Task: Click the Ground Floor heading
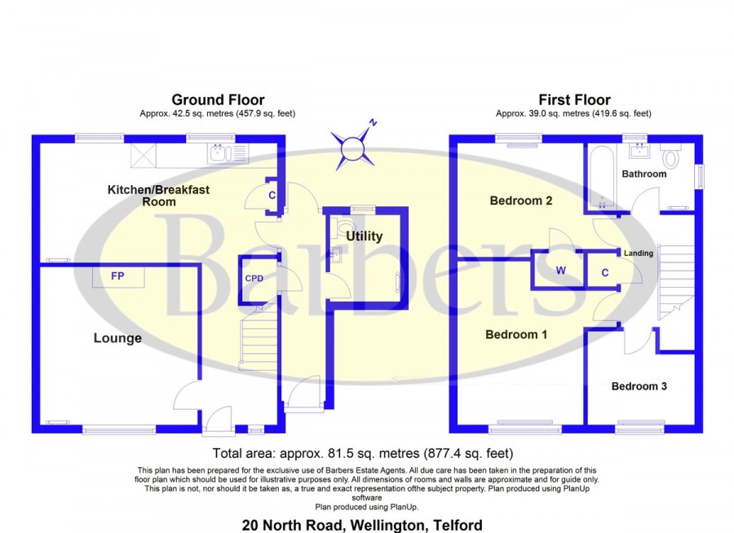tap(218, 99)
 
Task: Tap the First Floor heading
tap(574, 99)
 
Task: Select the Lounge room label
tap(117, 338)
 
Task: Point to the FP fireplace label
tap(117, 276)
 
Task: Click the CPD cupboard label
tap(254, 279)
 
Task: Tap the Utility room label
tap(365, 236)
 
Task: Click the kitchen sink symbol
tap(228, 152)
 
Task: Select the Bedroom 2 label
tap(521, 200)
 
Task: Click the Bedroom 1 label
tap(516, 335)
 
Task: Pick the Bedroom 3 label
tap(639, 386)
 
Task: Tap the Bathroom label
tap(644, 174)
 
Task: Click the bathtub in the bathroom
tap(602, 177)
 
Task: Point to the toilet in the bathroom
tap(671, 156)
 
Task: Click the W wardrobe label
tap(561, 271)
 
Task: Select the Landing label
tap(639, 253)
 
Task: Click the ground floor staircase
tap(259, 337)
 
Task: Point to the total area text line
tap(363, 453)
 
